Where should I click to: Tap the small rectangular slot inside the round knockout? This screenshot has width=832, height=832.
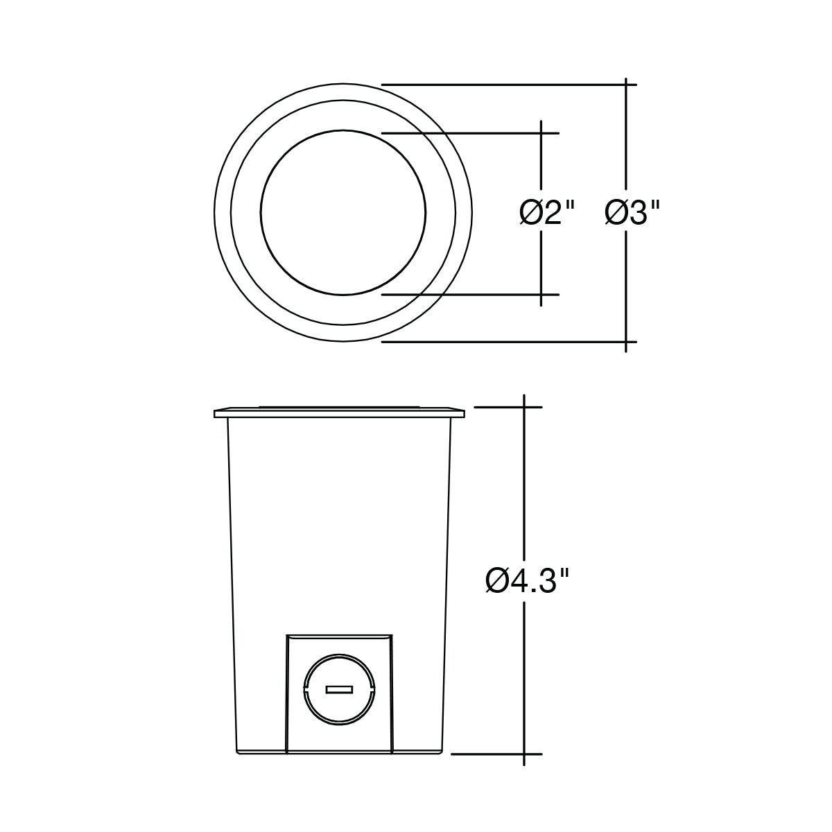[339, 690]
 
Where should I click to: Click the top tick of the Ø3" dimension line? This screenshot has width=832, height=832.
[626, 85]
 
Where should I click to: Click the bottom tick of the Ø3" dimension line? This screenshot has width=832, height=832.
[626, 342]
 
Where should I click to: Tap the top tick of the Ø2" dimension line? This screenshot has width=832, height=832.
[541, 133]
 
